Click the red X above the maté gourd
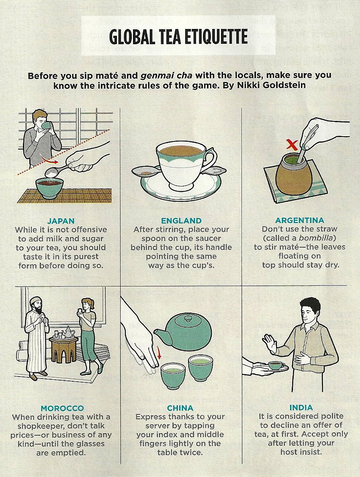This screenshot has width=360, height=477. point(292,145)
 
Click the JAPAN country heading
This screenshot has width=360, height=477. point(61,221)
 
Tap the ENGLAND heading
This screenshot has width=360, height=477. point(181,221)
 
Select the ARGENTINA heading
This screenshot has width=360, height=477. point(299,220)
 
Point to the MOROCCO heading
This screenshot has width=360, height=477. point(62,408)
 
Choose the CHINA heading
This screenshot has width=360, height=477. point(180,407)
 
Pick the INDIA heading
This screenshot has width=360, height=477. point(301,407)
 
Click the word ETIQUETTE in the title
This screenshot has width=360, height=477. point(211,37)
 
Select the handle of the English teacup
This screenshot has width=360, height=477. point(211,159)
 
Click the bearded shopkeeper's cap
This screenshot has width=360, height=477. point(35,300)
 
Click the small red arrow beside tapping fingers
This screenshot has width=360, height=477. point(158,353)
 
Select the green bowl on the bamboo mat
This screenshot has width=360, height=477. point(49,187)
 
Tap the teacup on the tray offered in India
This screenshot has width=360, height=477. point(277,365)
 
